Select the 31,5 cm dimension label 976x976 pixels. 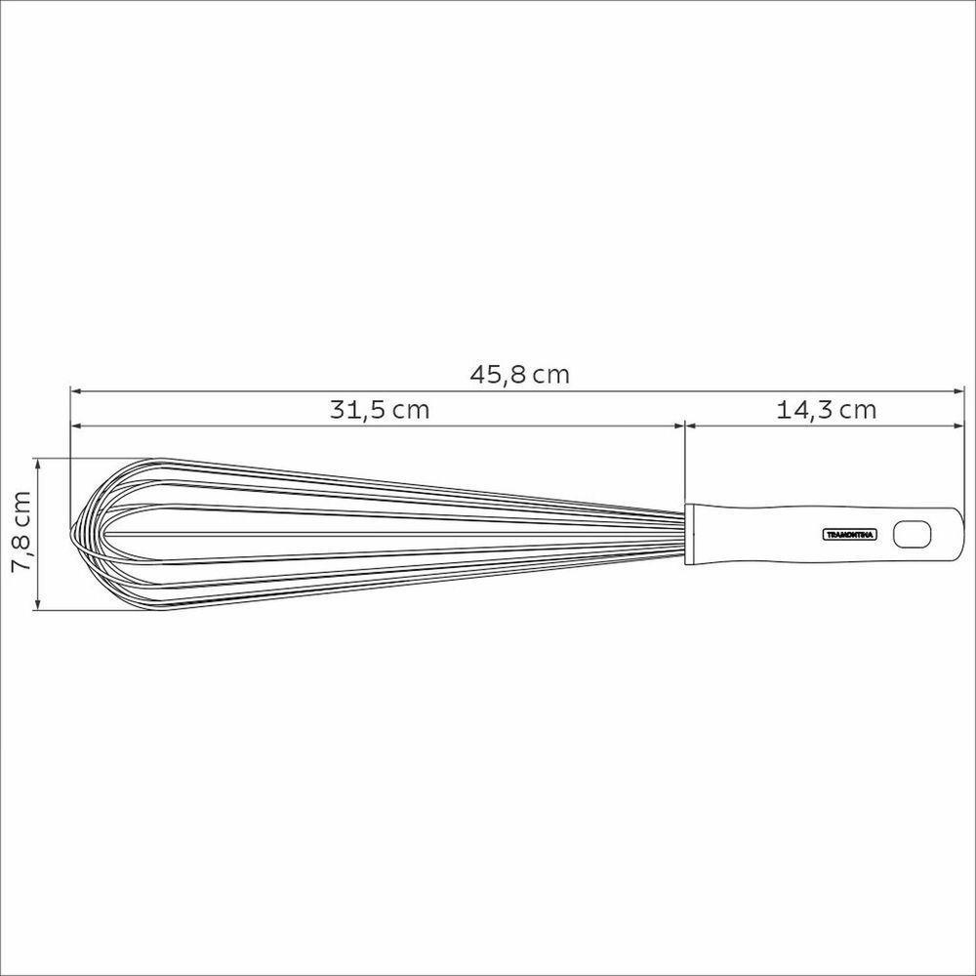coord(379,410)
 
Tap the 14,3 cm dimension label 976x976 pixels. coord(826,410)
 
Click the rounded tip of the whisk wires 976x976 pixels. coord(77,532)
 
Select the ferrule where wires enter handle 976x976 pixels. coord(690,534)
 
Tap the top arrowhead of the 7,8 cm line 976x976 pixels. coord(39,463)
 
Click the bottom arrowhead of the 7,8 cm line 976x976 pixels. coord(39,605)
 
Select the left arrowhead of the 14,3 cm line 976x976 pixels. coord(691,425)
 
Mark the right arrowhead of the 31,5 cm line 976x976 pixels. coord(678,425)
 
